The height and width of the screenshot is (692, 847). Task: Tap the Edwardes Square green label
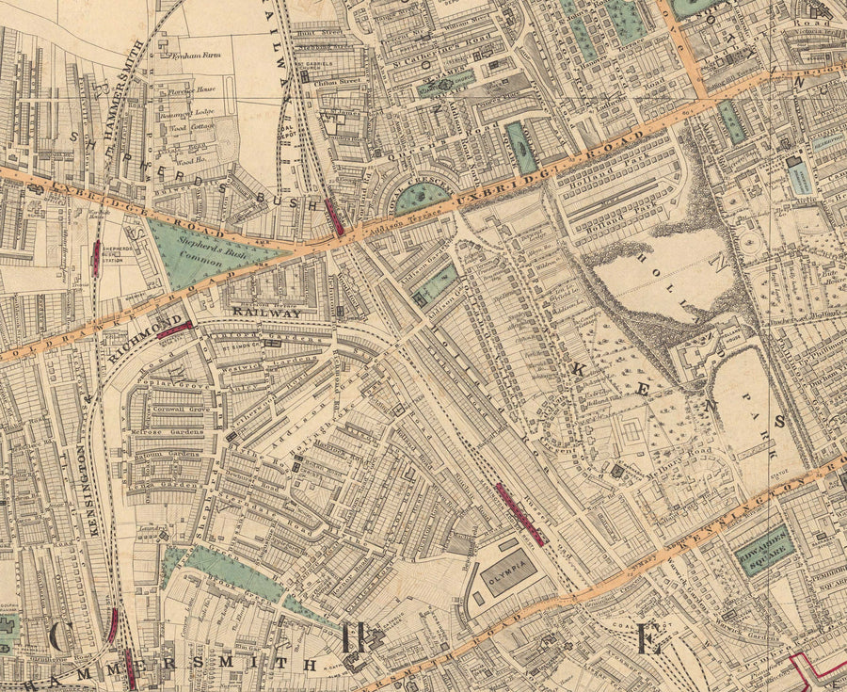(763, 551)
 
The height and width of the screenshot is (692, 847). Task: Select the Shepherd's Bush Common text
(202, 250)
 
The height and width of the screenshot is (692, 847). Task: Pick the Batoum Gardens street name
(175, 454)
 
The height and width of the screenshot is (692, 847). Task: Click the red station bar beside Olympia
(518, 514)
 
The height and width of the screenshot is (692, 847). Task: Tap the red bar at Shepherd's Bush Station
(97, 258)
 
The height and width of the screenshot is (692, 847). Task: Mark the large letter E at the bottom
(647, 640)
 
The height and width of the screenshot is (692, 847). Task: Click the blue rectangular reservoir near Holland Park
(800, 176)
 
